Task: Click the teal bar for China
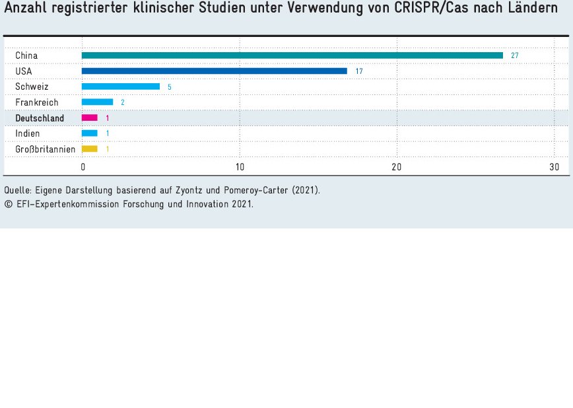pyautogui.click(x=292, y=55)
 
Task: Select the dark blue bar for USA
pyautogui.click(x=214, y=71)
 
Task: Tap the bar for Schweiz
pyautogui.click(x=120, y=86)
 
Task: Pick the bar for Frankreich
pyautogui.click(x=97, y=102)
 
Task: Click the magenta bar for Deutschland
pyautogui.click(x=89, y=118)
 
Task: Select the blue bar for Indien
pyautogui.click(x=89, y=133)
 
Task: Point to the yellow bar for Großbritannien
pyautogui.click(x=89, y=149)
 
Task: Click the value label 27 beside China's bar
pyautogui.click(x=514, y=55)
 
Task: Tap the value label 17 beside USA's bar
pyautogui.click(x=358, y=71)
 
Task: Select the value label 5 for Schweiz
pyautogui.click(x=170, y=87)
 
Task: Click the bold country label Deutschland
pyautogui.click(x=40, y=118)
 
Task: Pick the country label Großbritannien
pyautogui.click(x=45, y=149)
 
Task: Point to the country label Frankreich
pyautogui.click(x=37, y=102)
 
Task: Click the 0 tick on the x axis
pyautogui.click(x=83, y=167)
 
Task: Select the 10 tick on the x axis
pyautogui.click(x=240, y=167)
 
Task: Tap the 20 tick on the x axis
pyautogui.click(x=397, y=167)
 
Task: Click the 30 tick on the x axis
pyautogui.click(x=554, y=167)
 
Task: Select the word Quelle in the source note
pyautogui.click(x=17, y=190)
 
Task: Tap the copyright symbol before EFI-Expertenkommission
pyautogui.click(x=8, y=204)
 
